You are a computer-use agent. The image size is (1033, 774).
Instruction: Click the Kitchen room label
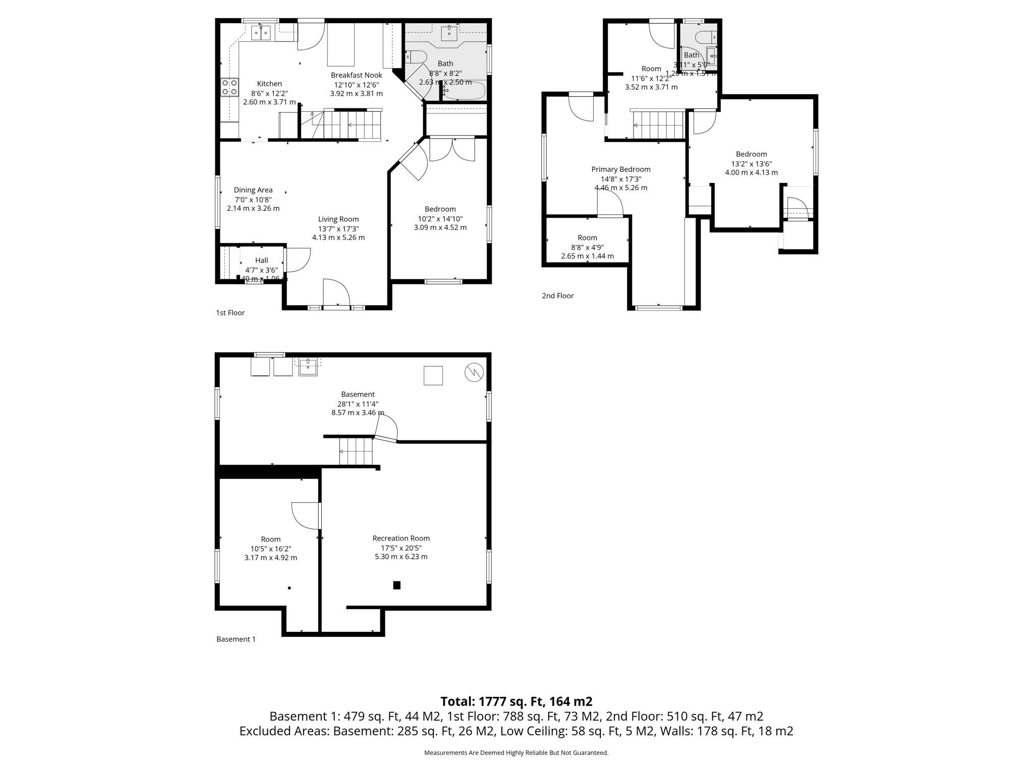pos(269,84)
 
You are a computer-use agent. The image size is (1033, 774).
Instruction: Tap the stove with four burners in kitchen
pos(229,87)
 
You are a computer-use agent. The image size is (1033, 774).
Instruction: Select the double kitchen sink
pos(261,33)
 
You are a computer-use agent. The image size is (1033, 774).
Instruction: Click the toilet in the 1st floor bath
pos(416,56)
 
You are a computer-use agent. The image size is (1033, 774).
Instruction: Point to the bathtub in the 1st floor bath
pos(465,92)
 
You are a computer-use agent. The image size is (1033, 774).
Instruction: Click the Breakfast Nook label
pos(356,75)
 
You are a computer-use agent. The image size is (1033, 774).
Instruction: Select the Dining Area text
pos(253,190)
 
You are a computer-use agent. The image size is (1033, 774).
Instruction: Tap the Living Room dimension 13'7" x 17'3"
pos(338,229)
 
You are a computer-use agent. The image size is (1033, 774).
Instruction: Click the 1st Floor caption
pos(230,313)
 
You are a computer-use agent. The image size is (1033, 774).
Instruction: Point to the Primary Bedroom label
pos(620,169)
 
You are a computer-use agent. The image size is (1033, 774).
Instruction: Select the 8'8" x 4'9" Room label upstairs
pos(587,247)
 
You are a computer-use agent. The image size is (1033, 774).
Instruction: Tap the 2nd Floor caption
pos(557,296)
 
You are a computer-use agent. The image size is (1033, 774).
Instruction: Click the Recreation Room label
pos(401,538)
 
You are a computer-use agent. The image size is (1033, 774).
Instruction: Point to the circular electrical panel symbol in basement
pos(474,372)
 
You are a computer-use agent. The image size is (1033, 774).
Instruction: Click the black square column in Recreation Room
pos(396,585)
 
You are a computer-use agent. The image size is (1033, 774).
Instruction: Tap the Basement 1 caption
pos(236,639)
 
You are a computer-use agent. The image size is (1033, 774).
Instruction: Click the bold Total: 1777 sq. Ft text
pos(516,701)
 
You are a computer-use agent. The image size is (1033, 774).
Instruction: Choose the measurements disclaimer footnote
pos(516,753)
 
